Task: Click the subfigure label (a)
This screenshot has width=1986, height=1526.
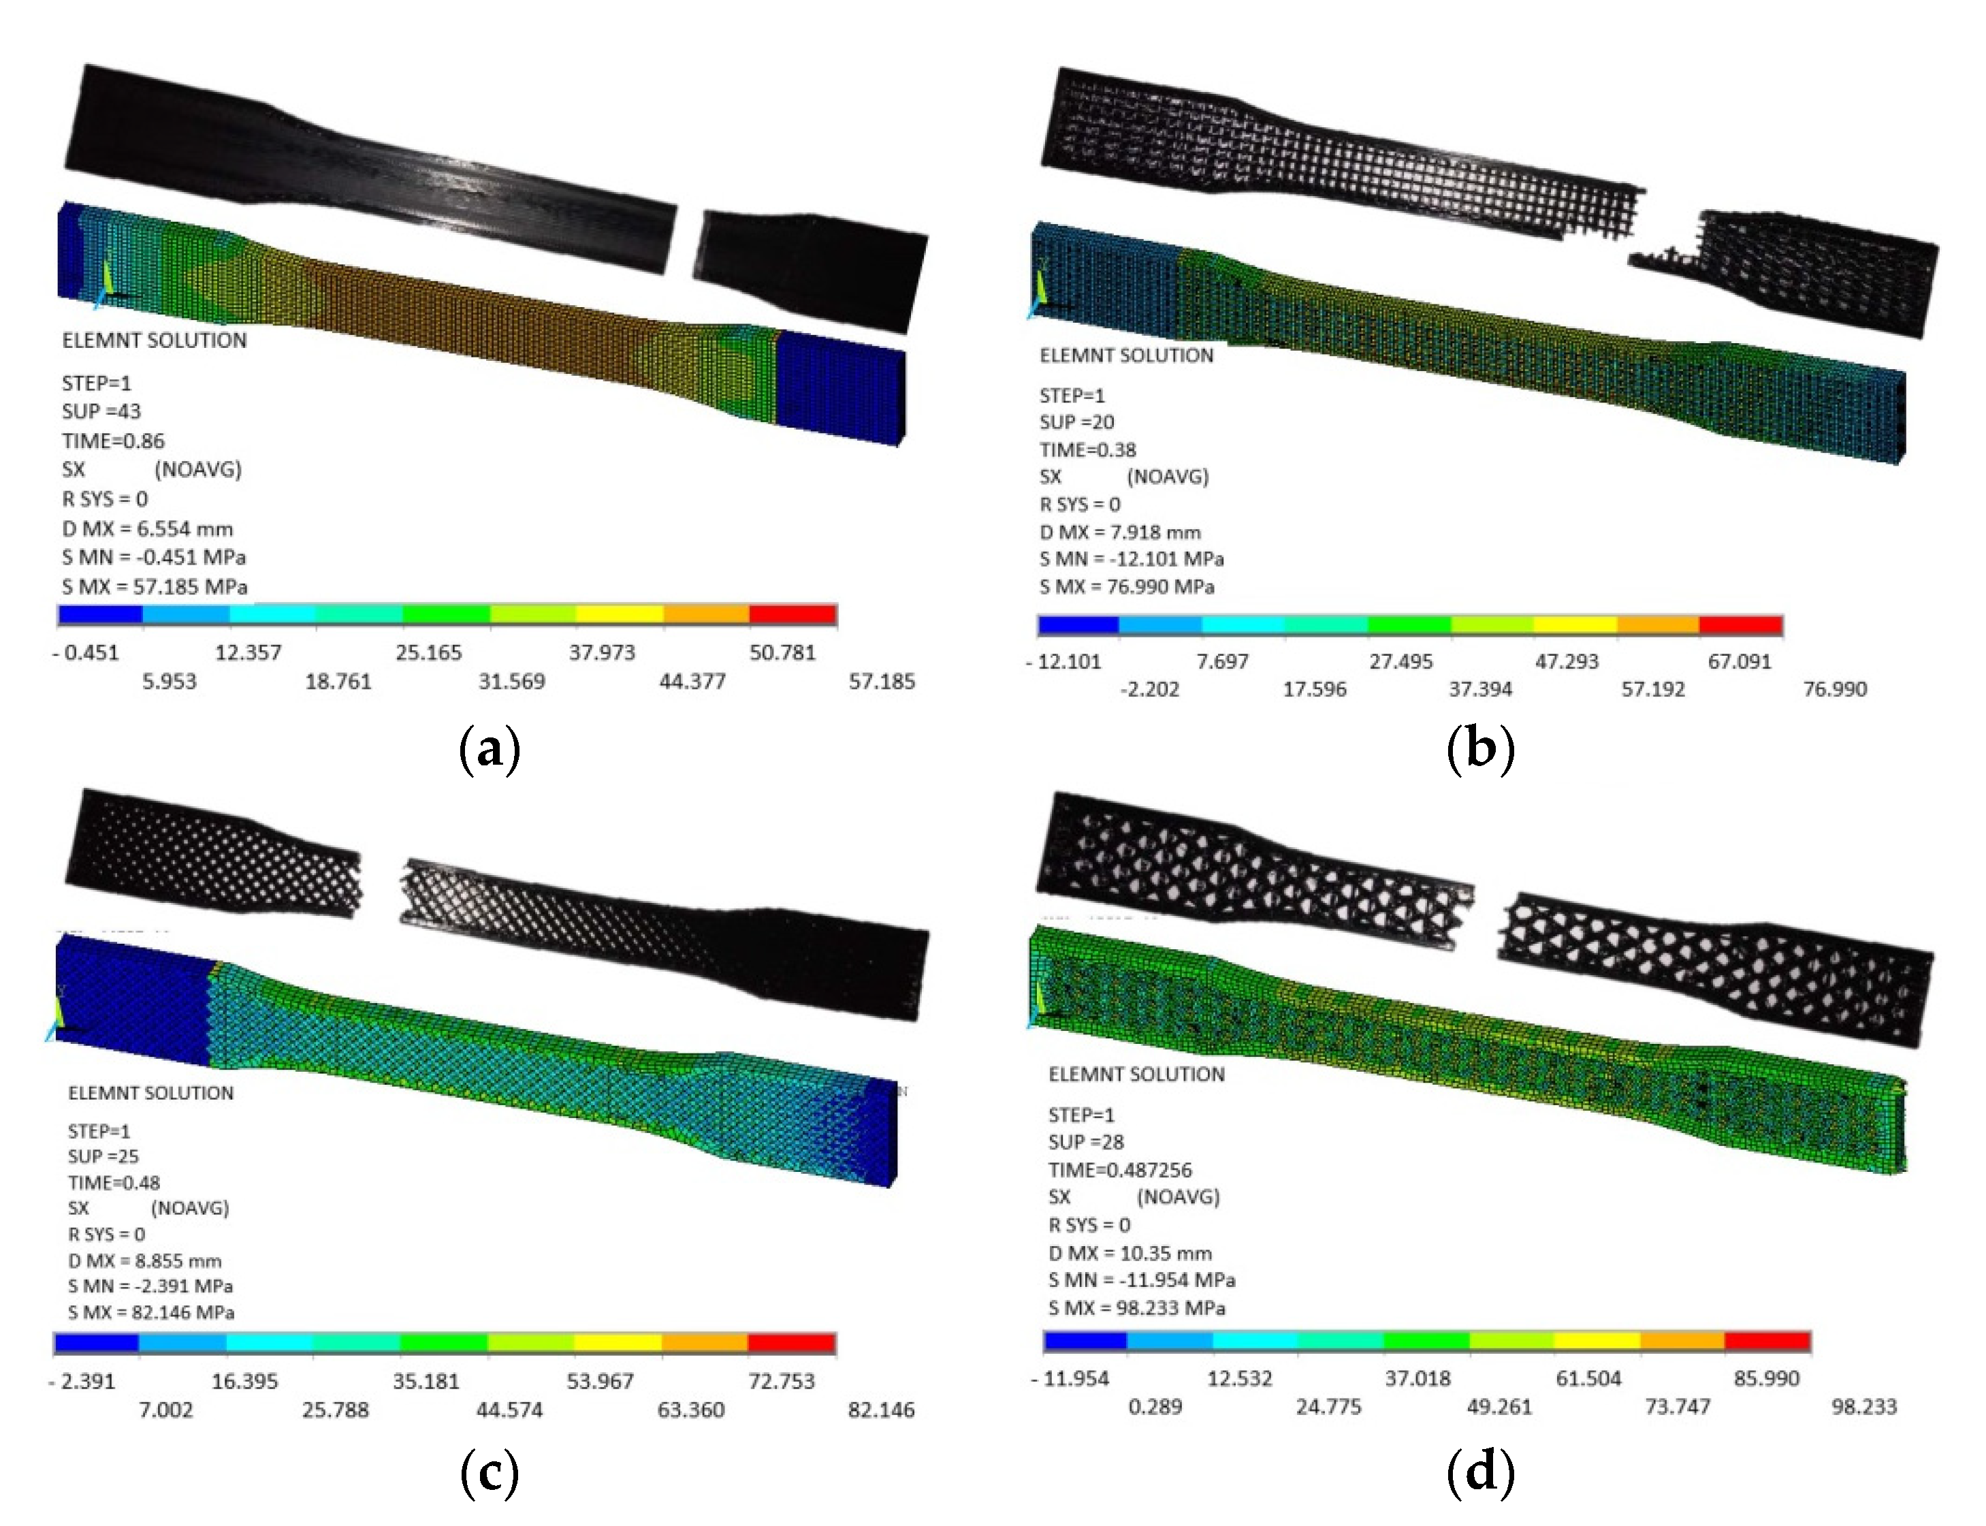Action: [x=490, y=749]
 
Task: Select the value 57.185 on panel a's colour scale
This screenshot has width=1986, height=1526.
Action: [x=881, y=681]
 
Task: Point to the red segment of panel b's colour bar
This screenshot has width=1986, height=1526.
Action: [x=1740, y=625]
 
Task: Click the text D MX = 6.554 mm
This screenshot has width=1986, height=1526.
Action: [x=147, y=528]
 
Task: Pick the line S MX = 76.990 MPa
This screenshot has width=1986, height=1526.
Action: [x=1126, y=587]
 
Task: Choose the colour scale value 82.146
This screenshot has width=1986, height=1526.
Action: [x=881, y=1410]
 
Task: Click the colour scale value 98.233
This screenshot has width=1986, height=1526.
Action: [x=1863, y=1407]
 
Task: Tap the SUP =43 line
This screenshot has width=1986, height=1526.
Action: [x=101, y=411]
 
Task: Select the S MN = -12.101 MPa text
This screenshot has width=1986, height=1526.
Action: [x=1132, y=558]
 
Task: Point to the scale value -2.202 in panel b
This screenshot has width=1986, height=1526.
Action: [x=1150, y=689]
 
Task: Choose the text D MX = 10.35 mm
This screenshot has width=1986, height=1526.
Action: [x=1130, y=1254]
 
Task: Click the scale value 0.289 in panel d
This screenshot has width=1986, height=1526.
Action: [x=1155, y=1407]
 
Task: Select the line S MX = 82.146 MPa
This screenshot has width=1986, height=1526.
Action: [x=150, y=1313]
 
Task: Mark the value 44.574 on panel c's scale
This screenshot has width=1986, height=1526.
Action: [x=509, y=1410]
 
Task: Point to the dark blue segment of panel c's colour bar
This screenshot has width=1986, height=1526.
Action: [x=96, y=1343]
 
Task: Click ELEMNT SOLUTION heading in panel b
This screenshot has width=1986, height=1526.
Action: [x=1126, y=355]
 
